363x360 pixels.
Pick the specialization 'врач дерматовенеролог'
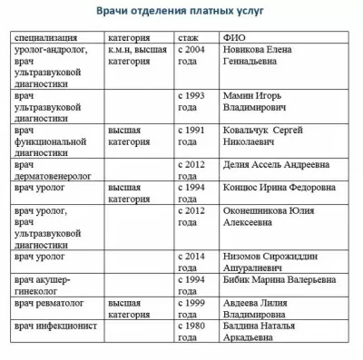(55, 170)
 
